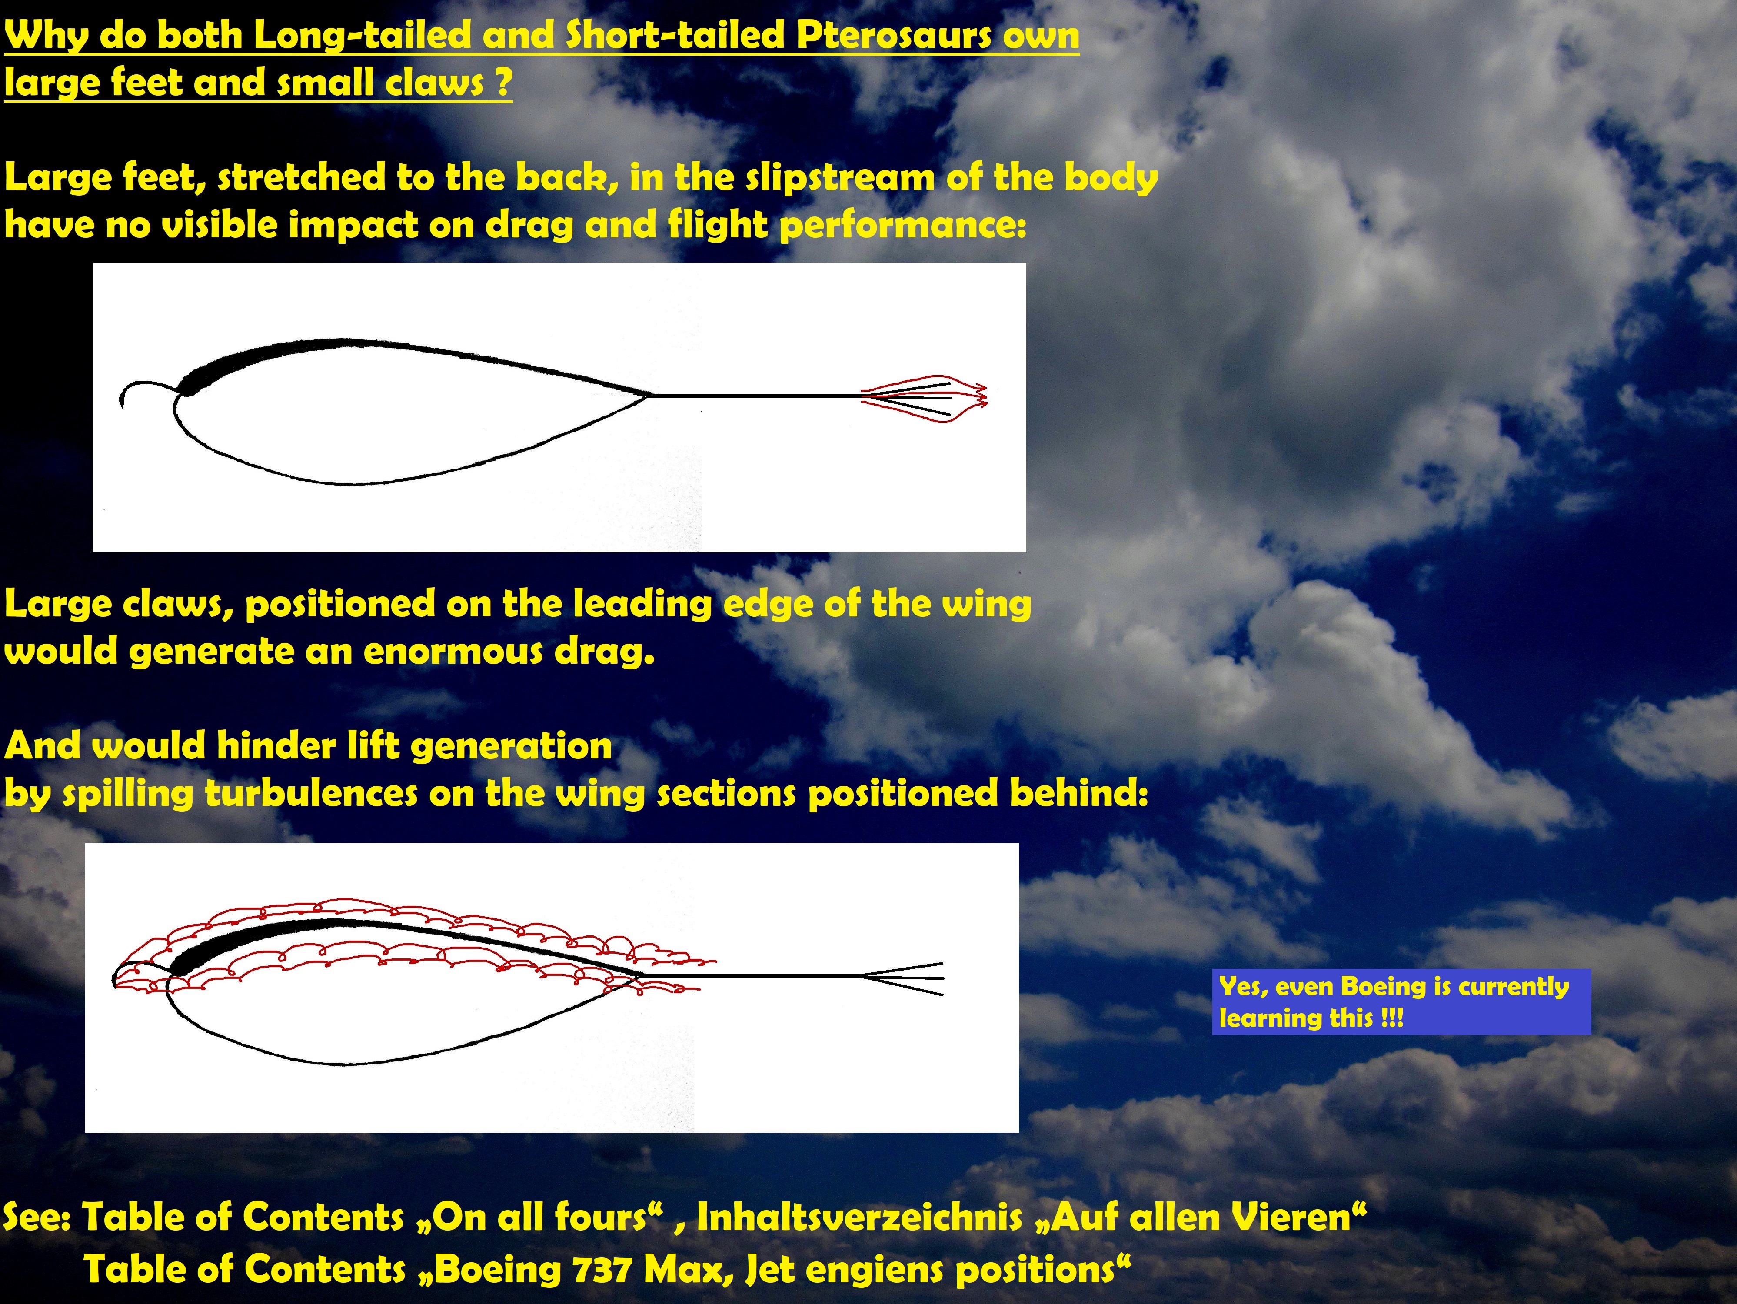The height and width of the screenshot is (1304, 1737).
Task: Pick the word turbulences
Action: coord(311,793)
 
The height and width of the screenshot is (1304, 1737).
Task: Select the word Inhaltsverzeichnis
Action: coord(860,1218)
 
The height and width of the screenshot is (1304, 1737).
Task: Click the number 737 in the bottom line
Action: coord(603,1270)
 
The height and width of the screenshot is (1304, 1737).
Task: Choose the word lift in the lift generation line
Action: coord(376,746)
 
